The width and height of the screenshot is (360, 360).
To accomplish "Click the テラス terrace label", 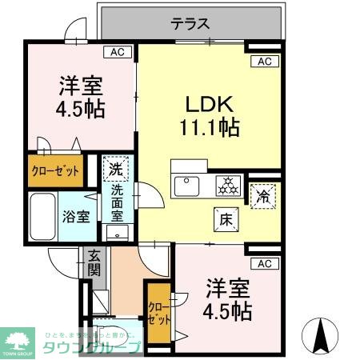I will (x=190, y=24).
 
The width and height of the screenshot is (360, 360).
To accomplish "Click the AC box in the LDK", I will (x=265, y=62).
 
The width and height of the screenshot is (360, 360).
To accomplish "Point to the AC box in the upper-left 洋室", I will (x=118, y=52).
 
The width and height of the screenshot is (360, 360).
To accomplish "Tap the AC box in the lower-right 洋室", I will (x=265, y=263).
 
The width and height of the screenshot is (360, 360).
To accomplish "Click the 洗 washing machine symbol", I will (x=116, y=169).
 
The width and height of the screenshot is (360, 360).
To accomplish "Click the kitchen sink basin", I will (x=188, y=185).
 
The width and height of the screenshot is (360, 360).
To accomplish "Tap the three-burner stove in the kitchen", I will (x=230, y=185).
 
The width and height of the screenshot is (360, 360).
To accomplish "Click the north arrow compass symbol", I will (x=321, y=335).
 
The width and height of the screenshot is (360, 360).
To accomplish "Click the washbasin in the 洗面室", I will (x=117, y=234).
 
